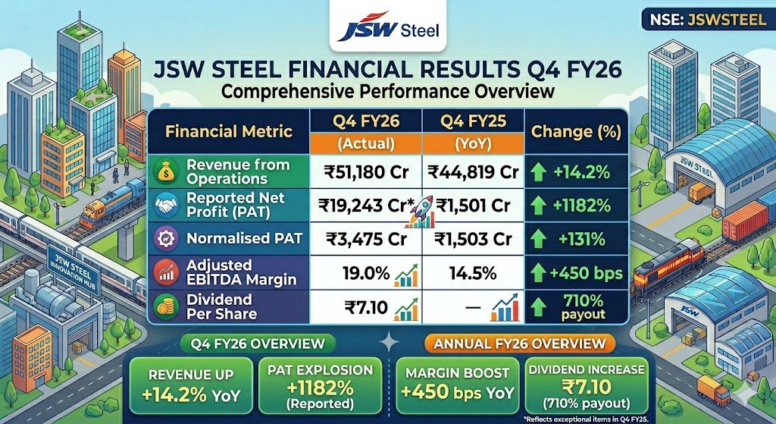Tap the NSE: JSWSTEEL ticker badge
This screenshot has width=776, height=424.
(705, 20)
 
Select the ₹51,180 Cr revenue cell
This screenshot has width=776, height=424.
(366, 172)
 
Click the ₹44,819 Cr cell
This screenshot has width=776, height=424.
(473, 172)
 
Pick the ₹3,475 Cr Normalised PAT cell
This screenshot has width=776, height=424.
(366, 239)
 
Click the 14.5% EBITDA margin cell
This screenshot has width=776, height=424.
(473, 273)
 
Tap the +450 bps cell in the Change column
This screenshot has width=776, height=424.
(586, 273)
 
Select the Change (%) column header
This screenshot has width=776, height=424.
(576, 131)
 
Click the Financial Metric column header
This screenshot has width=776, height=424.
(229, 131)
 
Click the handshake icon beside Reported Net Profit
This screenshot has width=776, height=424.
(166, 205)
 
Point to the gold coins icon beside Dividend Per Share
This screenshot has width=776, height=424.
(166, 306)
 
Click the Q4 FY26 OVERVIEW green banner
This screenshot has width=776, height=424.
(258, 344)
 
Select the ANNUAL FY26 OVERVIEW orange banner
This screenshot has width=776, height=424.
(520, 344)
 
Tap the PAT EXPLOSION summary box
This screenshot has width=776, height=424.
(320, 386)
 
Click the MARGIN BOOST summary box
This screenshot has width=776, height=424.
(457, 386)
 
